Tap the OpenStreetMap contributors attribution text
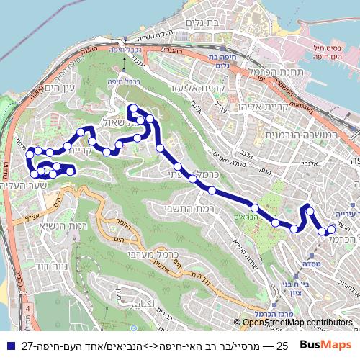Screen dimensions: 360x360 pyautogui.click(x=297, y=323)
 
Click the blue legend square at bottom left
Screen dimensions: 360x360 pyautogui.click(x=8, y=346)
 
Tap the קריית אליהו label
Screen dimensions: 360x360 pyautogui.click(x=267, y=106)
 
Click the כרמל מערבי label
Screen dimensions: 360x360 pyautogui.click(x=153, y=254)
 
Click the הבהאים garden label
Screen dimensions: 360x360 pyautogui.click(x=245, y=216)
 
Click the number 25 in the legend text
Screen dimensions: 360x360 pyautogui.click(x=282, y=346)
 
